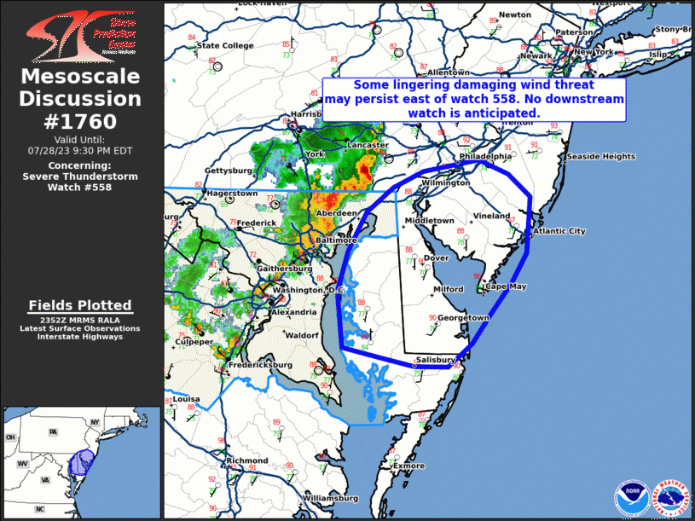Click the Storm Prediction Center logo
[x=80, y=33]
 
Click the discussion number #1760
[x=80, y=121]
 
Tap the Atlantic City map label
[x=559, y=231]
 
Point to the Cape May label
[x=507, y=287]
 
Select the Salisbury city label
[x=436, y=360]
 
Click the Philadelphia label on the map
[x=485, y=157]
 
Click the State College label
[x=225, y=45]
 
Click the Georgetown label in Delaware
[x=465, y=318]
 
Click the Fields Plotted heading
[x=80, y=304]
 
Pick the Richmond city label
[x=246, y=460]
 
